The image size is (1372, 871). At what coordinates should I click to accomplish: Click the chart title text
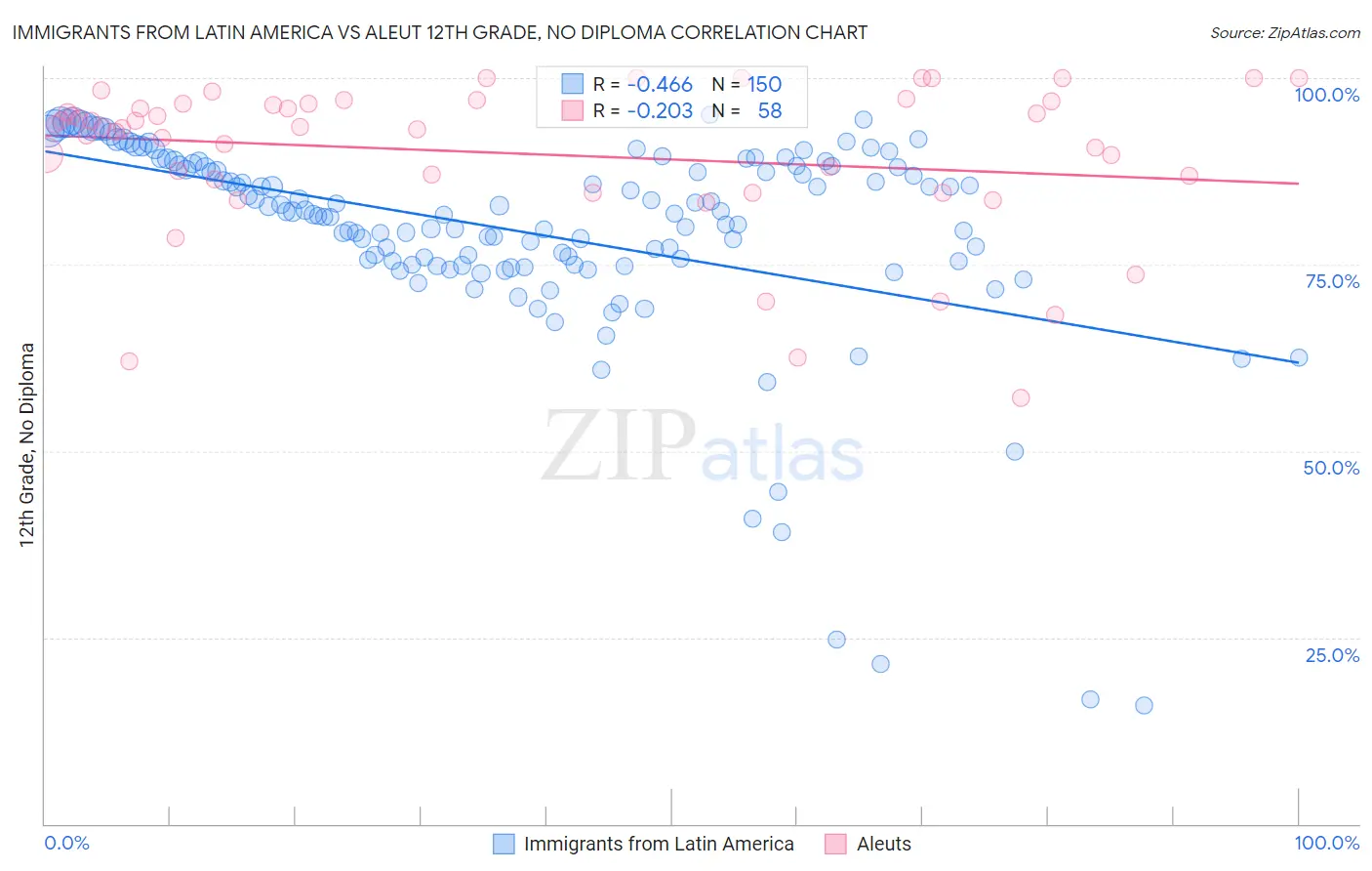click(439, 32)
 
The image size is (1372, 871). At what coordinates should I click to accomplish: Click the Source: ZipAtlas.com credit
click(1284, 32)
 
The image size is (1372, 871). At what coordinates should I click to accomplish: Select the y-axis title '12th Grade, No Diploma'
click(27, 444)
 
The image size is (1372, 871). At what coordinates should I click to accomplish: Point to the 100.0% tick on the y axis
click(1326, 95)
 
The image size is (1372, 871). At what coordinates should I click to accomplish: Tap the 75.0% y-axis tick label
click(1332, 281)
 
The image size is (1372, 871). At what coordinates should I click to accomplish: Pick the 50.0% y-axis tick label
click(1331, 468)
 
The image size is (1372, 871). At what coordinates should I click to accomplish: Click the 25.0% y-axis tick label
click(1332, 654)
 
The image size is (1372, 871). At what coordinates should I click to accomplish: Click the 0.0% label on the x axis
click(66, 843)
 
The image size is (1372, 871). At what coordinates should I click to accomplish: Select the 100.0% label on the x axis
click(1326, 843)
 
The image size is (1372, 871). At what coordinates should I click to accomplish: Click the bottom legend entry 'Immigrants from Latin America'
click(658, 844)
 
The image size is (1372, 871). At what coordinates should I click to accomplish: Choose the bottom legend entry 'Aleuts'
click(883, 844)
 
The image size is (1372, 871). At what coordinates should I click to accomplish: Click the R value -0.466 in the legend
click(660, 85)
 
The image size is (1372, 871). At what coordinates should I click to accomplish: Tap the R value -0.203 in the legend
click(660, 111)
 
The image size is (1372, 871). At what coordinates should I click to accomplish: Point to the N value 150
click(764, 85)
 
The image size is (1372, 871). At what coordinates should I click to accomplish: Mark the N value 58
click(769, 111)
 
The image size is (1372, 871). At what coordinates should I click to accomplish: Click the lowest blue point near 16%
click(1144, 705)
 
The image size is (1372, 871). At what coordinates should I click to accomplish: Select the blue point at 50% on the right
click(1015, 451)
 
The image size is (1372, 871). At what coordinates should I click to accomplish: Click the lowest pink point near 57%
click(1021, 397)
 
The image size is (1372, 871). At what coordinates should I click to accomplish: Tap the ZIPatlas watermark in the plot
click(703, 445)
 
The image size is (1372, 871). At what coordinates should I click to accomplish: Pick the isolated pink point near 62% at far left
click(129, 361)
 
